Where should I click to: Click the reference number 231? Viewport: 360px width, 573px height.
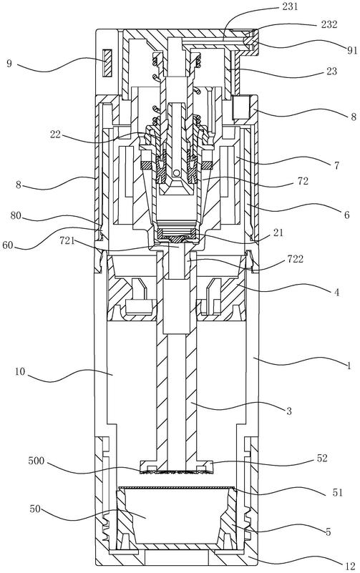pyautogui.click(x=290, y=6)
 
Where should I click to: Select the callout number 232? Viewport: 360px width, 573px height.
pyautogui.click(x=329, y=24)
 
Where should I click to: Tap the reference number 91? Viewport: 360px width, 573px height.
pyautogui.click(x=351, y=50)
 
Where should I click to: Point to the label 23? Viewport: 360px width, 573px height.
pyautogui.click(x=331, y=72)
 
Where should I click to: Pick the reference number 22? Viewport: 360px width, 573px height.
pyautogui.click(x=56, y=134)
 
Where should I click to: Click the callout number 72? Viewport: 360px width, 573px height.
pyautogui.click(x=303, y=181)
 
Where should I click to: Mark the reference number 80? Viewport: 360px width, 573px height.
pyautogui.click(x=16, y=215)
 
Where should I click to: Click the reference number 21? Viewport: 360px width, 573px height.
pyautogui.click(x=278, y=232)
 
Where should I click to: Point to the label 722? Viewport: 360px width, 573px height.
pyautogui.click(x=296, y=259)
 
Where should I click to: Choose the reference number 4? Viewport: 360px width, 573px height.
pyautogui.click(x=336, y=293)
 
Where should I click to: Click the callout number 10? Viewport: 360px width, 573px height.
pyautogui.click(x=20, y=372)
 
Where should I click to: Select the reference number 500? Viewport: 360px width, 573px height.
pyautogui.click(x=37, y=461)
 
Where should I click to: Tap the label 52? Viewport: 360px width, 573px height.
pyautogui.click(x=322, y=459)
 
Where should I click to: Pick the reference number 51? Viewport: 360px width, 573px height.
pyautogui.click(x=338, y=492)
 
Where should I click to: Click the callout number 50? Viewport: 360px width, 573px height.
pyautogui.click(x=35, y=509)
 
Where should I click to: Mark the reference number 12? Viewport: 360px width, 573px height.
pyautogui.click(x=350, y=567)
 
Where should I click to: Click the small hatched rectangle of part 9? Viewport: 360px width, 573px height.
pyautogui.click(x=107, y=62)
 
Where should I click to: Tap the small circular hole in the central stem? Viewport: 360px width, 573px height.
pyautogui.click(x=177, y=172)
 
